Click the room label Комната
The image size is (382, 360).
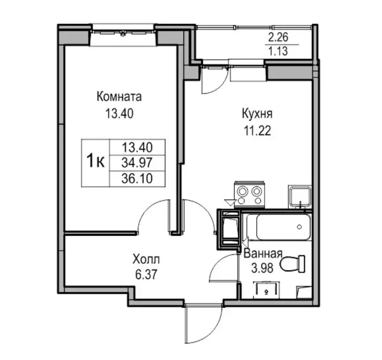click(x=119, y=97)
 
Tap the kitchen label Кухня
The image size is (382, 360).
click(x=257, y=114)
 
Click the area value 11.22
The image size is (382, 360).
click(x=257, y=130)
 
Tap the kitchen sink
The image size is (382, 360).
click(x=299, y=196)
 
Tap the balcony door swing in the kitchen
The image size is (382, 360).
click(x=213, y=81)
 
